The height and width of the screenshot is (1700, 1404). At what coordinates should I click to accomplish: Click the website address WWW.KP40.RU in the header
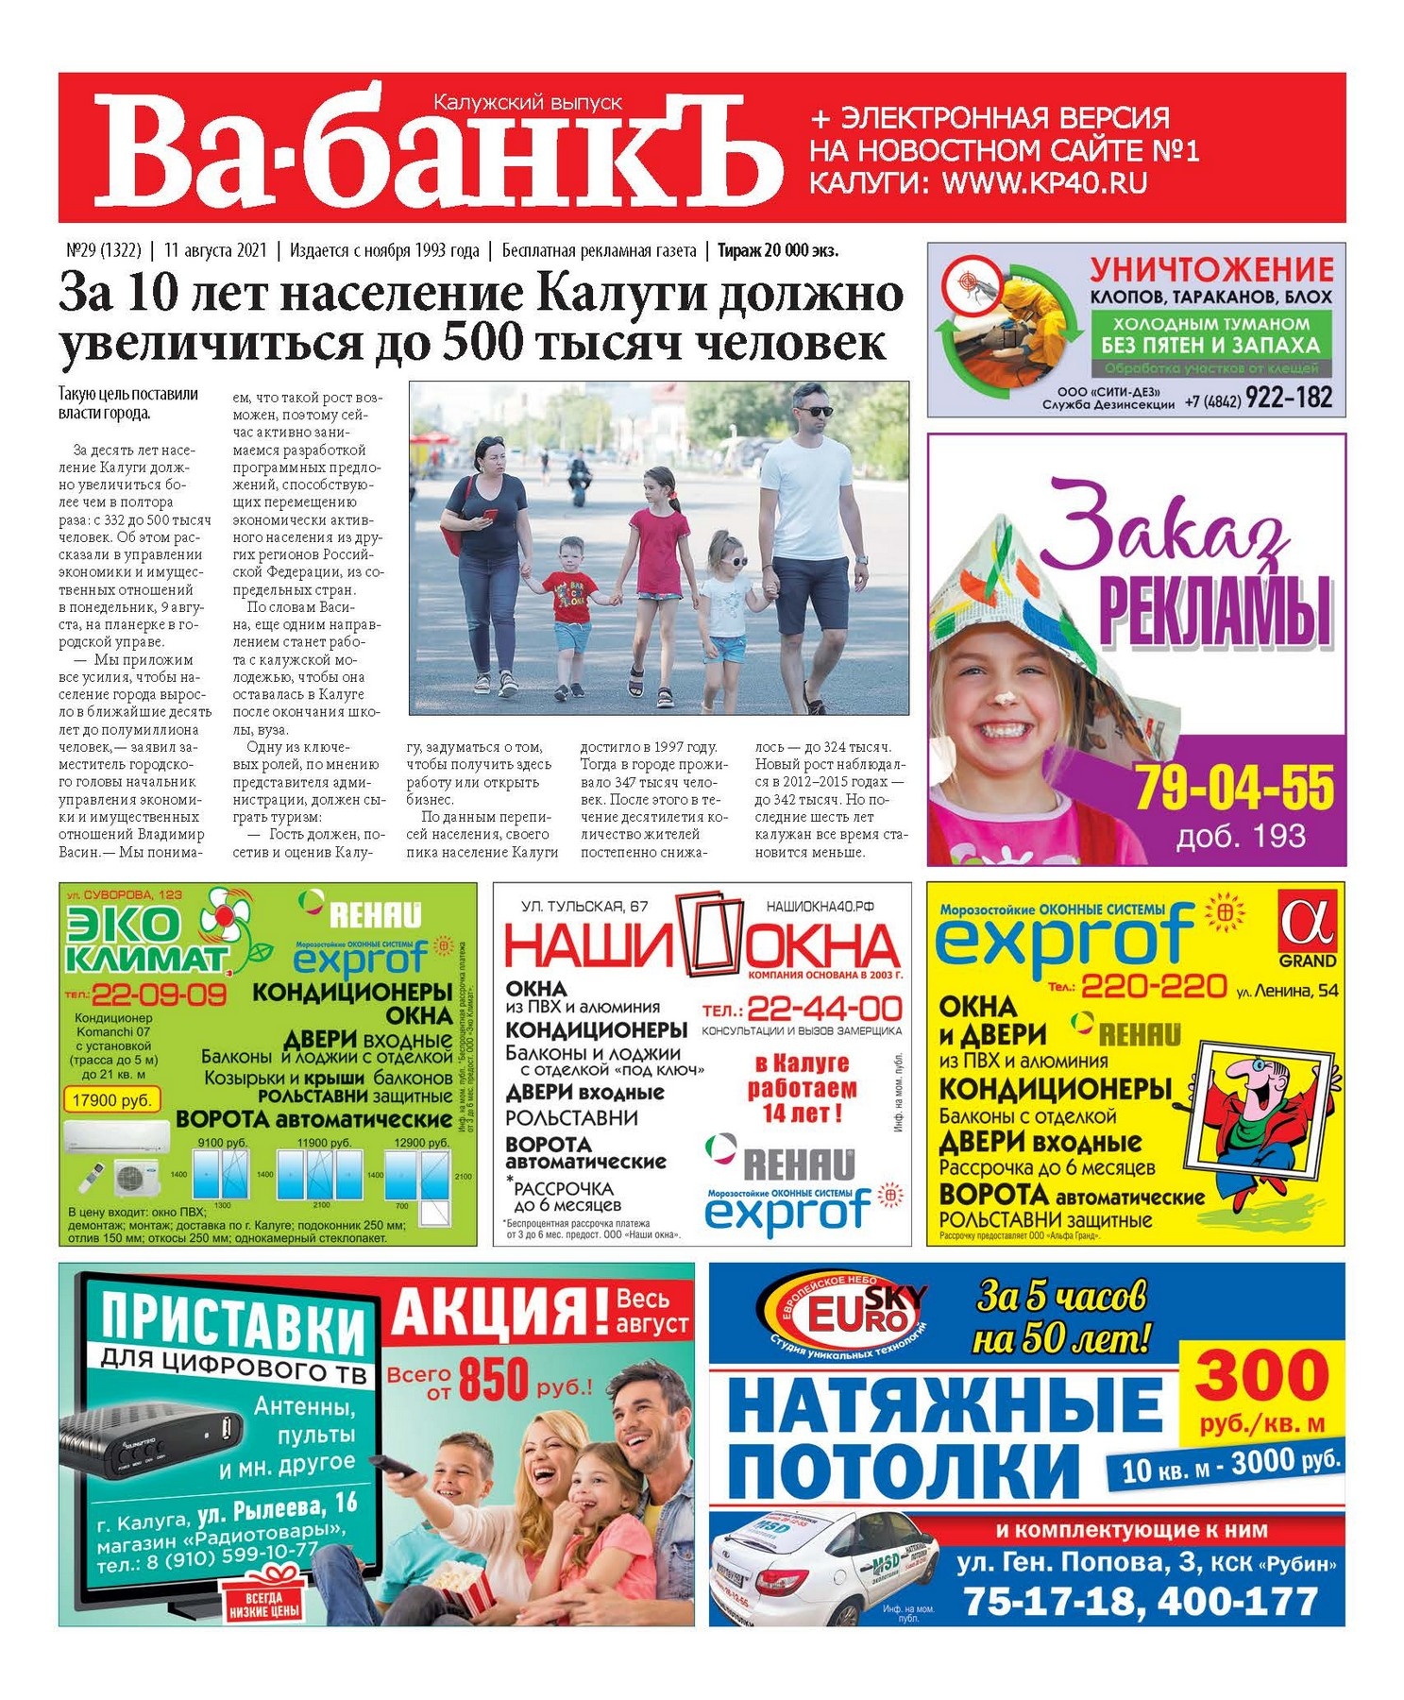[x=1044, y=183]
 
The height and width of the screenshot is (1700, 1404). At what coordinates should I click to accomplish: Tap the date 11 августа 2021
[x=215, y=250]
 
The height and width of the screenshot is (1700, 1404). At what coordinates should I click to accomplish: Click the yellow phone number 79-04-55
[x=1234, y=787]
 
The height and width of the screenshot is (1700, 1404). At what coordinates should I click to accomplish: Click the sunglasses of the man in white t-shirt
[x=813, y=411]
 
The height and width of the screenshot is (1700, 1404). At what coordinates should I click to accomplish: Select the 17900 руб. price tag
[x=111, y=1099]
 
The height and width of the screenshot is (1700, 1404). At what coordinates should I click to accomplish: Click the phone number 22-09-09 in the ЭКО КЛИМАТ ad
[x=158, y=994]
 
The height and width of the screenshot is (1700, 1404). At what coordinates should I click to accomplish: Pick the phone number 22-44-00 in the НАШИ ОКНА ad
[x=824, y=1008]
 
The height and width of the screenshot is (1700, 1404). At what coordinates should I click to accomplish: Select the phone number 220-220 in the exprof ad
[x=1153, y=987]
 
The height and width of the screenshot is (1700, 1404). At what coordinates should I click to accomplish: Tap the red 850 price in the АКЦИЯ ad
[x=494, y=1380]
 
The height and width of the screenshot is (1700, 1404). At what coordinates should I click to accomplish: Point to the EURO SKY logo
[x=841, y=1307]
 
